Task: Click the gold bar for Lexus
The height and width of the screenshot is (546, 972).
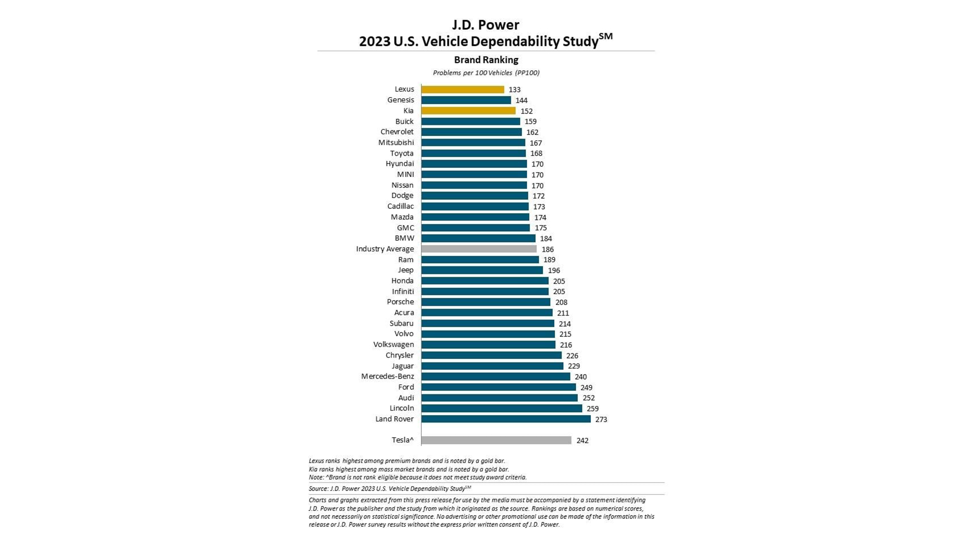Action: coord(462,89)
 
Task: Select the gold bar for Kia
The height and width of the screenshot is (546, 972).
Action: coord(468,111)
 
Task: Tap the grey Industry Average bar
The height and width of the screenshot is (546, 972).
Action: coord(478,249)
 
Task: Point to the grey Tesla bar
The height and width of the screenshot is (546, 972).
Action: coord(496,440)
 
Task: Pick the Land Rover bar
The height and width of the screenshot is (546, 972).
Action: coord(506,419)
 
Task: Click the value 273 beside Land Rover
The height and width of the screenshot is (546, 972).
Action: coord(601,420)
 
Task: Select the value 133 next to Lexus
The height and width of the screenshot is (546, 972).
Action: coord(514,89)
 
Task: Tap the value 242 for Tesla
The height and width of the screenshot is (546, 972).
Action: coord(582,441)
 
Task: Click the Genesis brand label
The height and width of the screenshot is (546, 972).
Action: coord(400,100)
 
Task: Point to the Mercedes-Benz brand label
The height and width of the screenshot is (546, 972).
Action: coord(387,377)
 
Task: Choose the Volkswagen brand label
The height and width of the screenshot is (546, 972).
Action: coord(393,345)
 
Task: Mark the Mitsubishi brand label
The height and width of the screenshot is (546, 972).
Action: coord(396,143)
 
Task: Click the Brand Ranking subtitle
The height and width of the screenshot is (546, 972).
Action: coord(486,60)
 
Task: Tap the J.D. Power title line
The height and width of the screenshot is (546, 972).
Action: coord(485,25)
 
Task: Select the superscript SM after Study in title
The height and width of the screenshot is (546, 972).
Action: coord(605,36)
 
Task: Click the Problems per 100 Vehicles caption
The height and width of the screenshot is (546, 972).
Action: coord(486,73)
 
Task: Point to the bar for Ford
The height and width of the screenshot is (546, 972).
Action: coord(498,387)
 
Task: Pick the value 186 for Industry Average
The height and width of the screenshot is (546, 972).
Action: coord(547,249)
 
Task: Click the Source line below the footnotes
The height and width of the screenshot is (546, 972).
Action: coord(390,489)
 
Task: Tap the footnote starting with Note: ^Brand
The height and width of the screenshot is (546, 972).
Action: coord(418,477)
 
